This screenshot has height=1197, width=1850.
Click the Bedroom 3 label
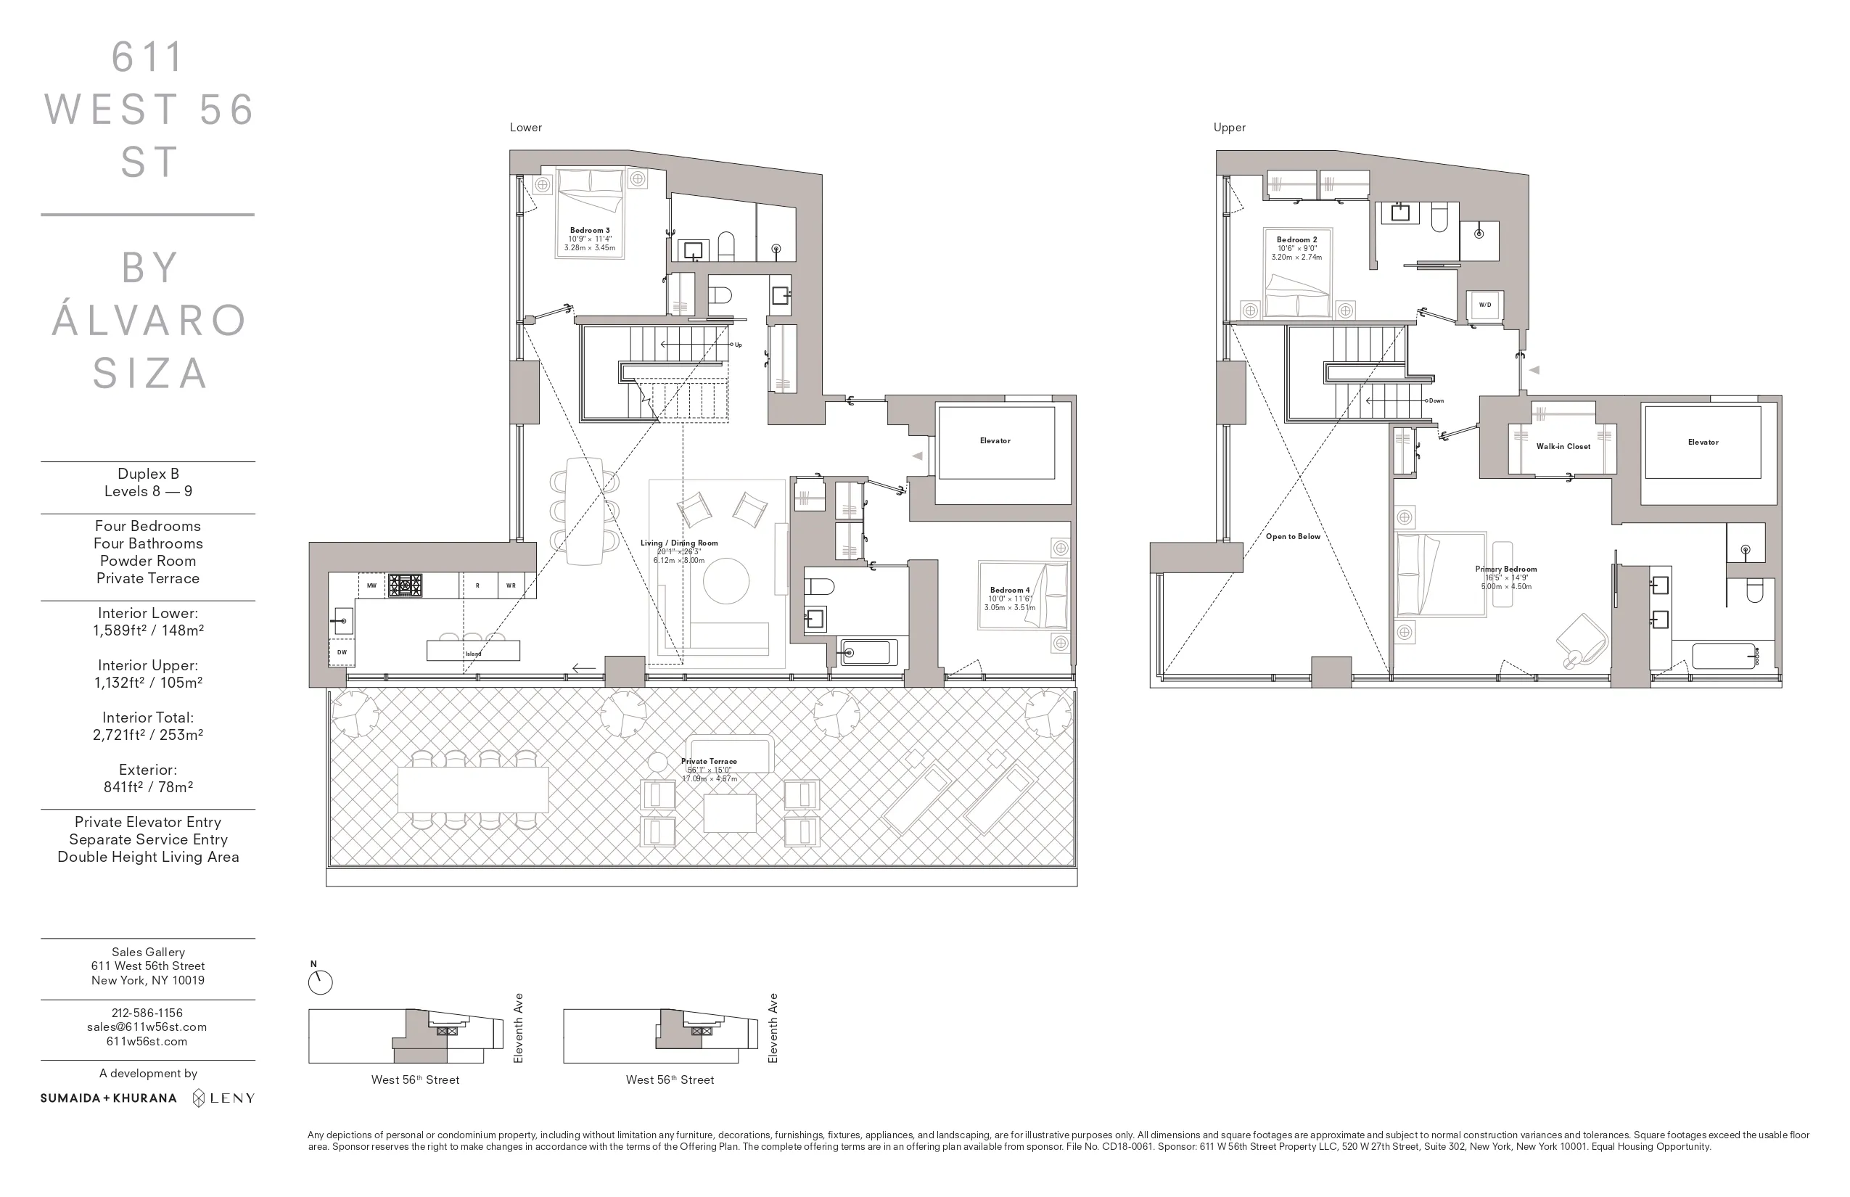coord(590,230)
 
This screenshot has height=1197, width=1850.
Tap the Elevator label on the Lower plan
coord(995,441)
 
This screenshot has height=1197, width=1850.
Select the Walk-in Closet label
coord(1563,447)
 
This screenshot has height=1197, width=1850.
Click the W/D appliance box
coord(1484,305)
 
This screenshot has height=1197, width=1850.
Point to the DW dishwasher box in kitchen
coord(342,653)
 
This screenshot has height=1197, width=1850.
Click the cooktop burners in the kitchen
coord(405,585)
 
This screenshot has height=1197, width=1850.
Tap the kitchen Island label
coord(473,654)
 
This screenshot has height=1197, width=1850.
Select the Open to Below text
coord(1293,537)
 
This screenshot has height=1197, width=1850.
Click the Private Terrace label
coord(709,762)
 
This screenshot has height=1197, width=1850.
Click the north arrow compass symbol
coord(320,982)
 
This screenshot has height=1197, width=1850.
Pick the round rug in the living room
coord(726,580)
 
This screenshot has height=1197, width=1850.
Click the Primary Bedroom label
coord(1505,569)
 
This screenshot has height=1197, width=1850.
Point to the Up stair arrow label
coord(738,345)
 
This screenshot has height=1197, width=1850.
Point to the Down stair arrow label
coord(1436,401)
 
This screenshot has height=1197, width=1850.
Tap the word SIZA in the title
coord(150,373)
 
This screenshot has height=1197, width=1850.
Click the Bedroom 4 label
coord(1010,591)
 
